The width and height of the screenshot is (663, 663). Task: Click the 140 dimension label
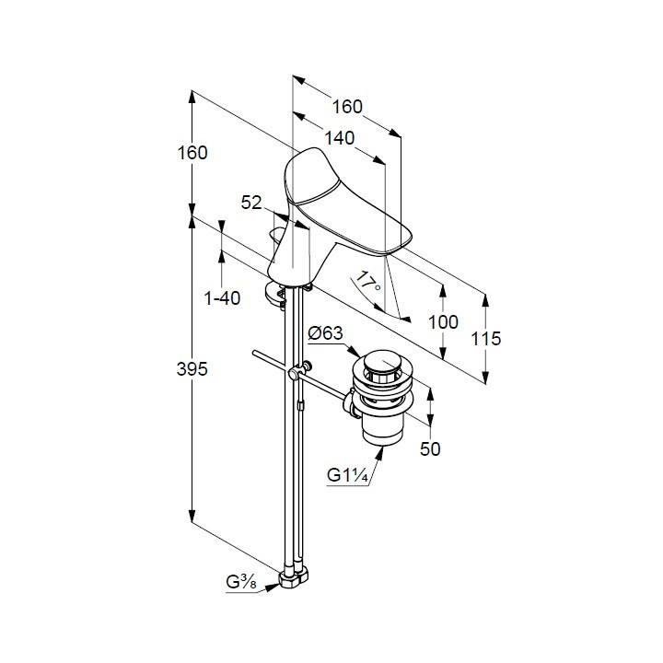(x=340, y=137)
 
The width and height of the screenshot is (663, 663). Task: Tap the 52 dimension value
(x=252, y=201)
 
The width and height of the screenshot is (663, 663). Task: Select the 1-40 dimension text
(x=222, y=297)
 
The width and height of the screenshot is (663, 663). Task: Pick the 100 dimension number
(x=443, y=321)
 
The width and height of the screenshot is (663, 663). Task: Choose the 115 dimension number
(x=484, y=339)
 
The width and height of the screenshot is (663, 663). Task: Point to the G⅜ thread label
(x=241, y=582)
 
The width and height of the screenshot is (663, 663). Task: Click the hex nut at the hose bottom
(x=297, y=580)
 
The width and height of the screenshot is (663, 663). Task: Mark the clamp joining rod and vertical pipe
(x=295, y=374)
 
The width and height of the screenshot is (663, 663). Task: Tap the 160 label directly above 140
(x=347, y=107)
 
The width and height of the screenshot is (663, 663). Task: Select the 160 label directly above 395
(x=192, y=153)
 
